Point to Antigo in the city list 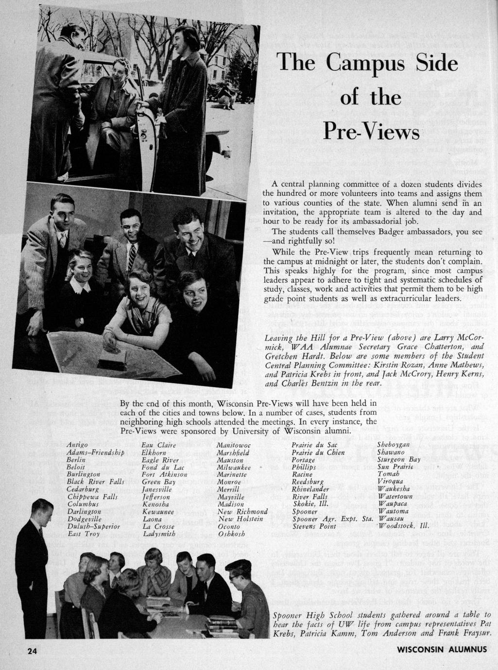(77, 445)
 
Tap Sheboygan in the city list (393, 445)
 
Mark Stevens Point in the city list (314, 526)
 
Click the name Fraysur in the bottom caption (474, 633)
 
